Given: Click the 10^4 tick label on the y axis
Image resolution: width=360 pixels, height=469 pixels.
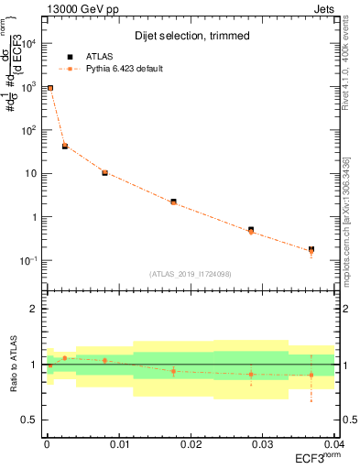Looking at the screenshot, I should [28, 43].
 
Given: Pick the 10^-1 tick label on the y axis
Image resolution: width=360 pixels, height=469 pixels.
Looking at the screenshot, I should [28, 261].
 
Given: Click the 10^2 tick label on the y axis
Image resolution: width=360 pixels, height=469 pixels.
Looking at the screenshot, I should [28, 130].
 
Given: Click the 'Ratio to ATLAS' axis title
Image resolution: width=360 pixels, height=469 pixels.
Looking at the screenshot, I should [12, 365].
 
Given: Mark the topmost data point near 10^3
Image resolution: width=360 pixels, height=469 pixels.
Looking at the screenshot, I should [50, 88].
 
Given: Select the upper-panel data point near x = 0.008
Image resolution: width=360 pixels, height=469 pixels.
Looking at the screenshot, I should [104, 172].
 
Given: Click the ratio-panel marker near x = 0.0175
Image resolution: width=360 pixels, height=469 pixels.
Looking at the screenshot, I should [173, 371].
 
